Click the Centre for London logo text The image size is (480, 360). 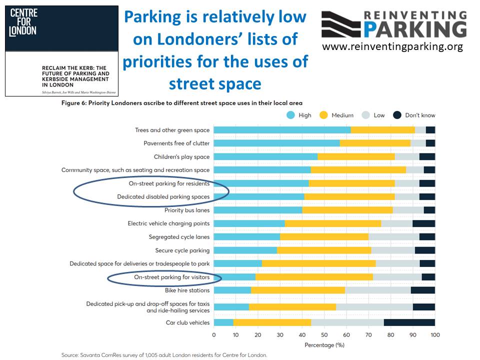pos(23,22)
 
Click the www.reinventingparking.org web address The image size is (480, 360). pos(392,46)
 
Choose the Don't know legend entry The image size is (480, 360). pos(414,115)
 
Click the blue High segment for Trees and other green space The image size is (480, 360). pos(282,130)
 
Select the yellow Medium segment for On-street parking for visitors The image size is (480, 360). pos(314,277)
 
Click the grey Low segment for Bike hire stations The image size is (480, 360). pos(377,290)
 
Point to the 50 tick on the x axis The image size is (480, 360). pos(324,334)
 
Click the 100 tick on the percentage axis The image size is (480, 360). pos(434,334)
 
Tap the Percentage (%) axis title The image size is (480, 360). pos(324,345)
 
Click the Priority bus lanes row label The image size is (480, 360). pos(187,210)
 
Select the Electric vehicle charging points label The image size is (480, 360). pos(168,223)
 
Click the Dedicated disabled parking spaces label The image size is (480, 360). pos(163,197)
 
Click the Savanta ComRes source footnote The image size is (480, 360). pos(164,355)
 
